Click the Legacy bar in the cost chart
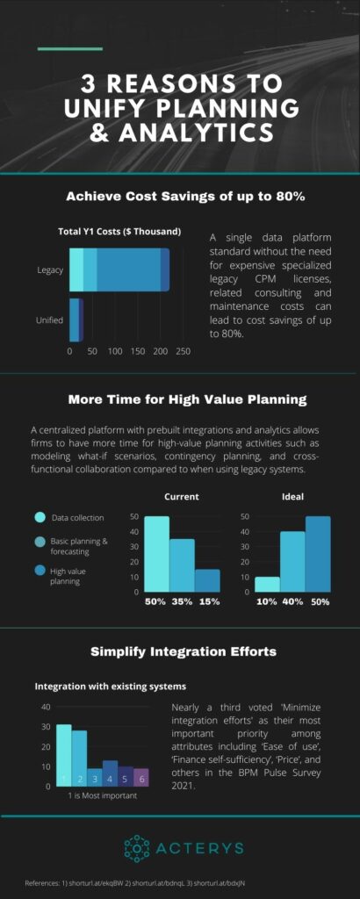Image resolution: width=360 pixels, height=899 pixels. tap(119, 270)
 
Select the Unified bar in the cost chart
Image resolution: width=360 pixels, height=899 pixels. tap(76, 320)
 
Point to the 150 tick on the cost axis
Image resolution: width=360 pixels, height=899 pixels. tap(137, 351)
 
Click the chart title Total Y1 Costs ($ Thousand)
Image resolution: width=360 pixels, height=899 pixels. tap(119, 231)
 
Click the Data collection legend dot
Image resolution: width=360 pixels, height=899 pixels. tap(39, 517)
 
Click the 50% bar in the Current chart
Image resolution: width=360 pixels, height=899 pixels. tap(156, 553)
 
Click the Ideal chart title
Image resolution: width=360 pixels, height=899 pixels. tap(292, 496)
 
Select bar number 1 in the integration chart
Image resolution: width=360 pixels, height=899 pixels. tap(63, 755)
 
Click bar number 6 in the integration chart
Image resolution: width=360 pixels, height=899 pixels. tap(141, 777)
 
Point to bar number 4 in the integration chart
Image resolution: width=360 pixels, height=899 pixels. tap(110, 773)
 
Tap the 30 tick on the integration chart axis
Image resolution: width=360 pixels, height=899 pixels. tap(46, 726)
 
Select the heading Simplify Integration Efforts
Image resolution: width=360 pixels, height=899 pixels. tap(179, 651)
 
